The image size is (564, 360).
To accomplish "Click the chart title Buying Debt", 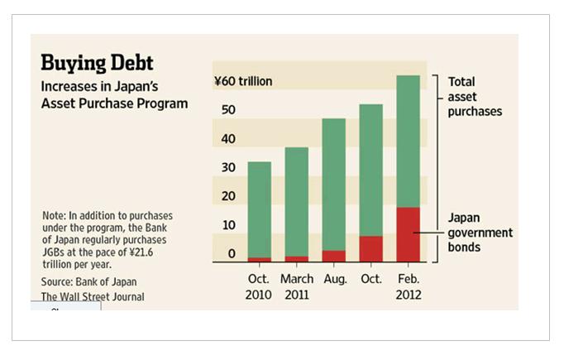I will [98, 63].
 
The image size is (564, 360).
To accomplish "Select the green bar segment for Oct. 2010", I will [259, 209].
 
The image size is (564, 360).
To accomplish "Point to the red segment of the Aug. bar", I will [333, 256].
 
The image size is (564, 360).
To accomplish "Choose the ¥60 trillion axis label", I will [243, 81].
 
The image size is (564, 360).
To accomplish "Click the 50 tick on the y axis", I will [229, 110].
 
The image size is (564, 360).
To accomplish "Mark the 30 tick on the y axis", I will [229, 167].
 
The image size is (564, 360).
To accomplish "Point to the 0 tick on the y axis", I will [232, 253].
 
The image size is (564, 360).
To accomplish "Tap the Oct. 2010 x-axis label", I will [259, 287].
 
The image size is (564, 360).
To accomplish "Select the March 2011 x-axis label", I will [297, 287].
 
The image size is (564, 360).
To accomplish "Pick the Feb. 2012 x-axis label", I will [409, 287].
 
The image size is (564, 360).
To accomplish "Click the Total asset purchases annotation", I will [475, 96].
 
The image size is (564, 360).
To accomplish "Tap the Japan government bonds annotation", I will [480, 233].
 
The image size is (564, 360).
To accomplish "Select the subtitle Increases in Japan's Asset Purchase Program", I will [115, 95].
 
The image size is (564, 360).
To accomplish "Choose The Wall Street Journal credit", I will [93, 297].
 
